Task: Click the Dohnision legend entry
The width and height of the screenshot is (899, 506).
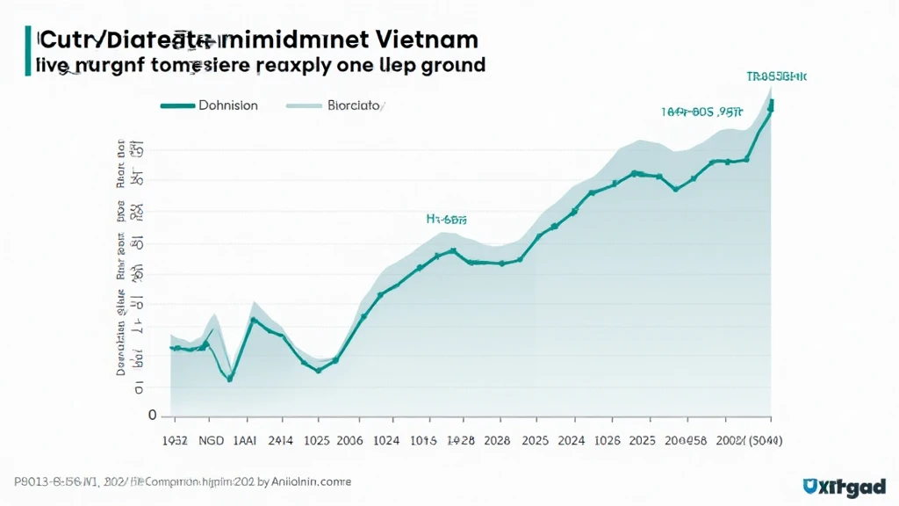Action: [x=227, y=105]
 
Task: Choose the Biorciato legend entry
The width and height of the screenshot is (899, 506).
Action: [x=353, y=105]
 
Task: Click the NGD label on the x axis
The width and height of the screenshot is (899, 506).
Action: [x=212, y=440]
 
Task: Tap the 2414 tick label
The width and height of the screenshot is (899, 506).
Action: [x=281, y=440]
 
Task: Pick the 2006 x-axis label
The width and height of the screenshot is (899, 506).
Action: [x=349, y=440]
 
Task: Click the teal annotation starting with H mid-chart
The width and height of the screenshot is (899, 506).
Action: [x=446, y=220]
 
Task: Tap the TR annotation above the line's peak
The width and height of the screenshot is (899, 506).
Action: [x=776, y=77]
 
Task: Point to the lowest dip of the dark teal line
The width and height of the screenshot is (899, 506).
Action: [x=230, y=379]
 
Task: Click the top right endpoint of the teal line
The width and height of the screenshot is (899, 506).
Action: [x=772, y=105]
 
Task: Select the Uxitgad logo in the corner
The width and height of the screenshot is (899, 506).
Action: [x=845, y=486]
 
